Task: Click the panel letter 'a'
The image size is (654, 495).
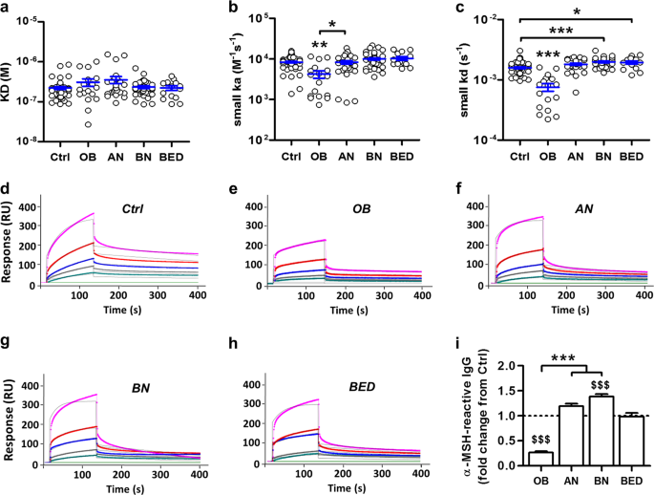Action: pyautogui.click(x=7, y=10)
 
